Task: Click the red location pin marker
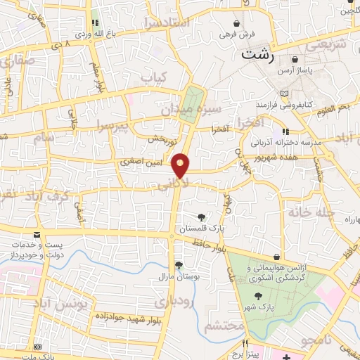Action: click(x=181, y=165)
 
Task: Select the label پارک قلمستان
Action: click(x=201, y=229)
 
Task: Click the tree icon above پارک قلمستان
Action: click(x=202, y=217)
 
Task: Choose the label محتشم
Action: click(x=225, y=327)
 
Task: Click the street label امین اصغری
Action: click(x=140, y=162)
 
